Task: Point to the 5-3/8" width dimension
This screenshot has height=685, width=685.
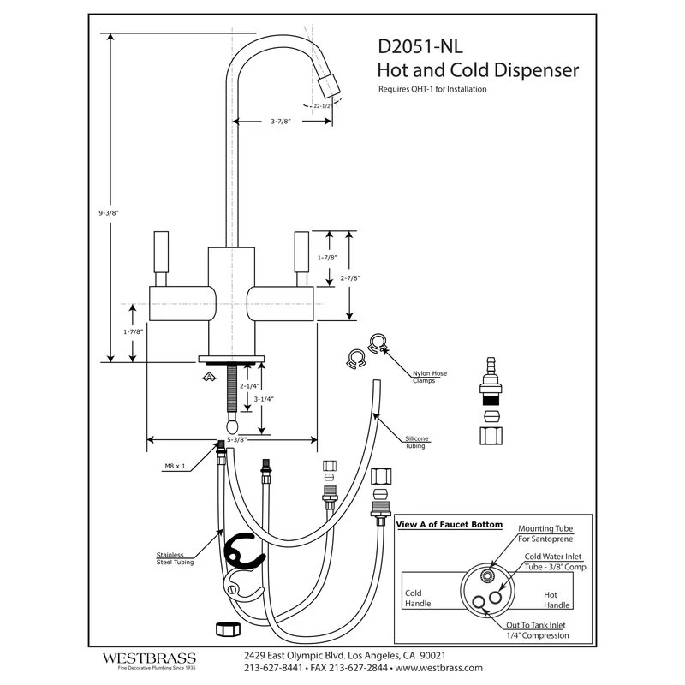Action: tap(231, 439)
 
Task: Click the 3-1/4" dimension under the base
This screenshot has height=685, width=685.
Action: tap(275, 399)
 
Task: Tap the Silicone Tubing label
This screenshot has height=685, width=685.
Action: tap(418, 443)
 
